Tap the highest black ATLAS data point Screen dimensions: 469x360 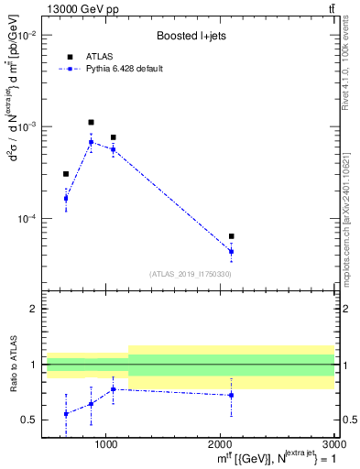[x=91, y=122]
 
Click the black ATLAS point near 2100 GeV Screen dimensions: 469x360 [x=231, y=236]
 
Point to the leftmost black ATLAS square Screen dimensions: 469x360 [x=66, y=173]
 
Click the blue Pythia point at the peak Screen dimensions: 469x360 [x=91, y=142]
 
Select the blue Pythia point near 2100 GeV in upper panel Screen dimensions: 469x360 [x=231, y=251]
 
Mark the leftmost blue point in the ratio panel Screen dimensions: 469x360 [x=66, y=414]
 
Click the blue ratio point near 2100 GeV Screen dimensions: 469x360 [x=231, y=395]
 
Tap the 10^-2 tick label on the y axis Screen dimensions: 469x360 [x=27, y=35]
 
